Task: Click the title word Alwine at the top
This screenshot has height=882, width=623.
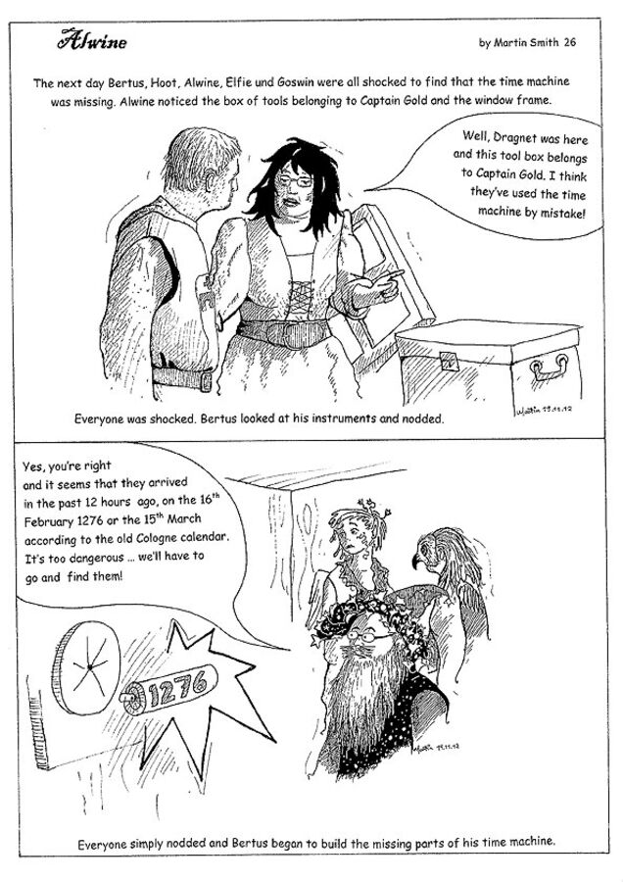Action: pyautogui.click(x=91, y=42)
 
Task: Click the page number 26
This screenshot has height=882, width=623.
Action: pyautogui.click(x=570, y=43)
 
